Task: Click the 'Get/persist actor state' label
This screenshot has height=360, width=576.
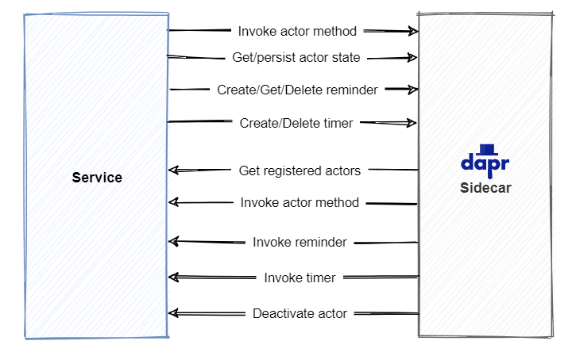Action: (296, 57)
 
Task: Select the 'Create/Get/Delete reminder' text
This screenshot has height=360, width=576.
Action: (297, 90)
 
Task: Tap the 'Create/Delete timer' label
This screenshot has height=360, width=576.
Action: (296, 123)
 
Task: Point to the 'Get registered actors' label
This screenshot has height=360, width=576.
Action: (300, 170)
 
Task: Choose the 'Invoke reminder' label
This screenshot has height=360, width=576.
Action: (300, 242)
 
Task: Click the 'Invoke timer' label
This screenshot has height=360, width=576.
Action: (300, 278)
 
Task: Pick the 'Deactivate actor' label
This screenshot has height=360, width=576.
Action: (300, 313)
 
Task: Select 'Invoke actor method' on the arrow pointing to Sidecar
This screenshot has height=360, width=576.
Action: (297, 31)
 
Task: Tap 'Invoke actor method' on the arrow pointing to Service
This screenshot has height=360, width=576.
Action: (300, 202)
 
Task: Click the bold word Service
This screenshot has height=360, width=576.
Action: (97, 178)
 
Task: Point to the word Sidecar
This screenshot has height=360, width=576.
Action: (485, 188)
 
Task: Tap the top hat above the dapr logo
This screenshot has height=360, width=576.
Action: (486, 148)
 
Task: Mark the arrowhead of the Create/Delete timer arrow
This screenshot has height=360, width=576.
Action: (412, 123)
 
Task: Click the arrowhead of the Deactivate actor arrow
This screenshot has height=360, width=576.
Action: (174, 313)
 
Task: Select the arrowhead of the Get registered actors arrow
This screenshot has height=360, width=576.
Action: (174, 170)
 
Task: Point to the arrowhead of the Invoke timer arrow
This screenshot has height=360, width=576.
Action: (174, 277)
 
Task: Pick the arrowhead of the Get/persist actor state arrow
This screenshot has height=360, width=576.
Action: (412, 57)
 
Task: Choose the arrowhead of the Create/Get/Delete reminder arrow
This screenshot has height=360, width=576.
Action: (412, 90)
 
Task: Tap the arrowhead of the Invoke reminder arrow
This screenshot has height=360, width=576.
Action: (174, 241)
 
